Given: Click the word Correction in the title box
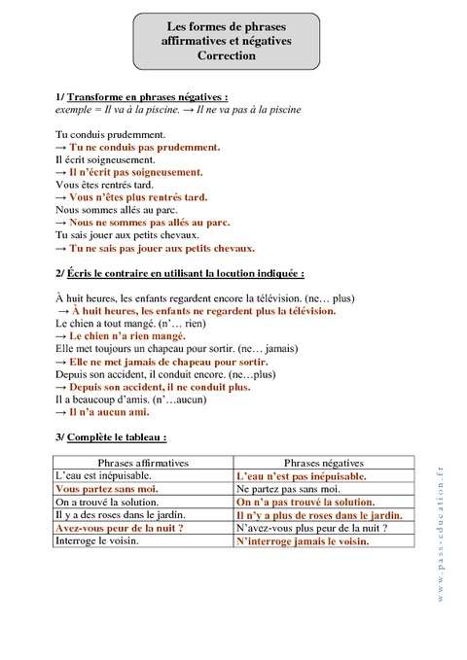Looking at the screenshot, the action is (226, 56).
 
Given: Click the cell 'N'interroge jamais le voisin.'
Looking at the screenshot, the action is (303, 540).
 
